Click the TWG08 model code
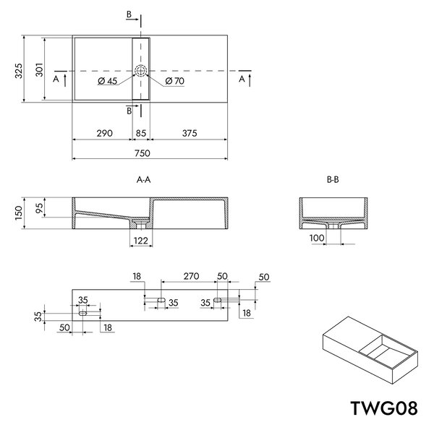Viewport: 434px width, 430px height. [x=384, y=408]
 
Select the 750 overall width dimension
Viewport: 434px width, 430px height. [x=142, y=153]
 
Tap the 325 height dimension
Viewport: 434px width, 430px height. [x=19, y=71]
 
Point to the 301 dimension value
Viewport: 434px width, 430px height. [x=39, y=69]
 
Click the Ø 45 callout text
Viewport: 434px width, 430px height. [x=108, y=81]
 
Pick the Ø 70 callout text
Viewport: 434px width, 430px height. [x=175, y=81]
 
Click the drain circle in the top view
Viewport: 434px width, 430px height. [x=140, y=71]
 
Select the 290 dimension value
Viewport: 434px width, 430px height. [x=105, y=133]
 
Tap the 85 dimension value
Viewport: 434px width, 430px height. [x=141, y=133]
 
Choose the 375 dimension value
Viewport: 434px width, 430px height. [x=190, y=133]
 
